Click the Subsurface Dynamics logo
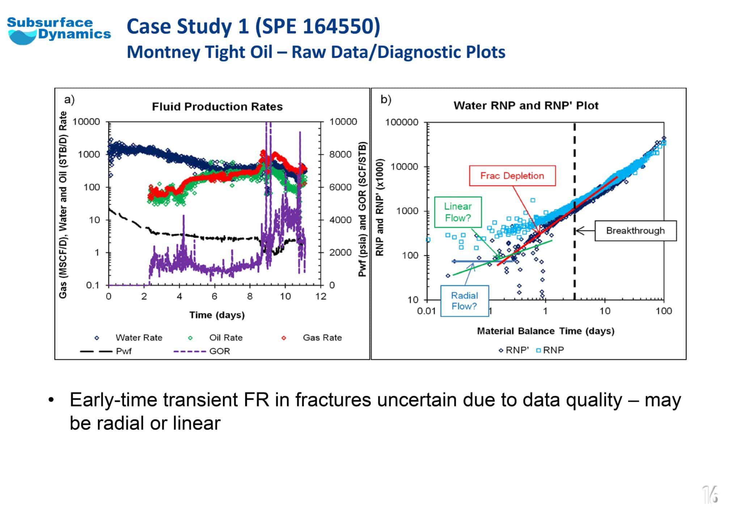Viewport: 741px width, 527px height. (x=59, y=31)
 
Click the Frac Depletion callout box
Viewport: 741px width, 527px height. (x=512, y=176)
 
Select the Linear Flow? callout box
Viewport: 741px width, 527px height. (x=458, y=212)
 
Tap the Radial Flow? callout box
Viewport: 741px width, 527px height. (x=464, y=301)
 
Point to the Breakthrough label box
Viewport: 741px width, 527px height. (x=635, y=231)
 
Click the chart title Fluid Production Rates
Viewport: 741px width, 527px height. (x=217, y=107)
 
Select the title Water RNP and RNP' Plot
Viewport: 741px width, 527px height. (x=526, y=106)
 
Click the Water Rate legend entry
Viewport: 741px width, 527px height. (x=139, y=338)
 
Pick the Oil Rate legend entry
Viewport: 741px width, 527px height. (x=225, y=338)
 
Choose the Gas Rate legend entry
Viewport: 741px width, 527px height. (x=322, y=338)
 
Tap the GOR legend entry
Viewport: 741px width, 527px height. (x=219, y=351)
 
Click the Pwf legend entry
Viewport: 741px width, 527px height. (x=123, y=351)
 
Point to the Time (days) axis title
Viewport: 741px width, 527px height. (x=217, y=315)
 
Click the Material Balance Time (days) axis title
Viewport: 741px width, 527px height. (x=545, y=331)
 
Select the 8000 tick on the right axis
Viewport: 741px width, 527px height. (x=340, y=155)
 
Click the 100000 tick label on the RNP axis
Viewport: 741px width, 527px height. (x=402, y=122)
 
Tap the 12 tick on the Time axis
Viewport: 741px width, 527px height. (x=321, y=297)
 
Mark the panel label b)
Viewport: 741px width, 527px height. (x=386, y=100)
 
